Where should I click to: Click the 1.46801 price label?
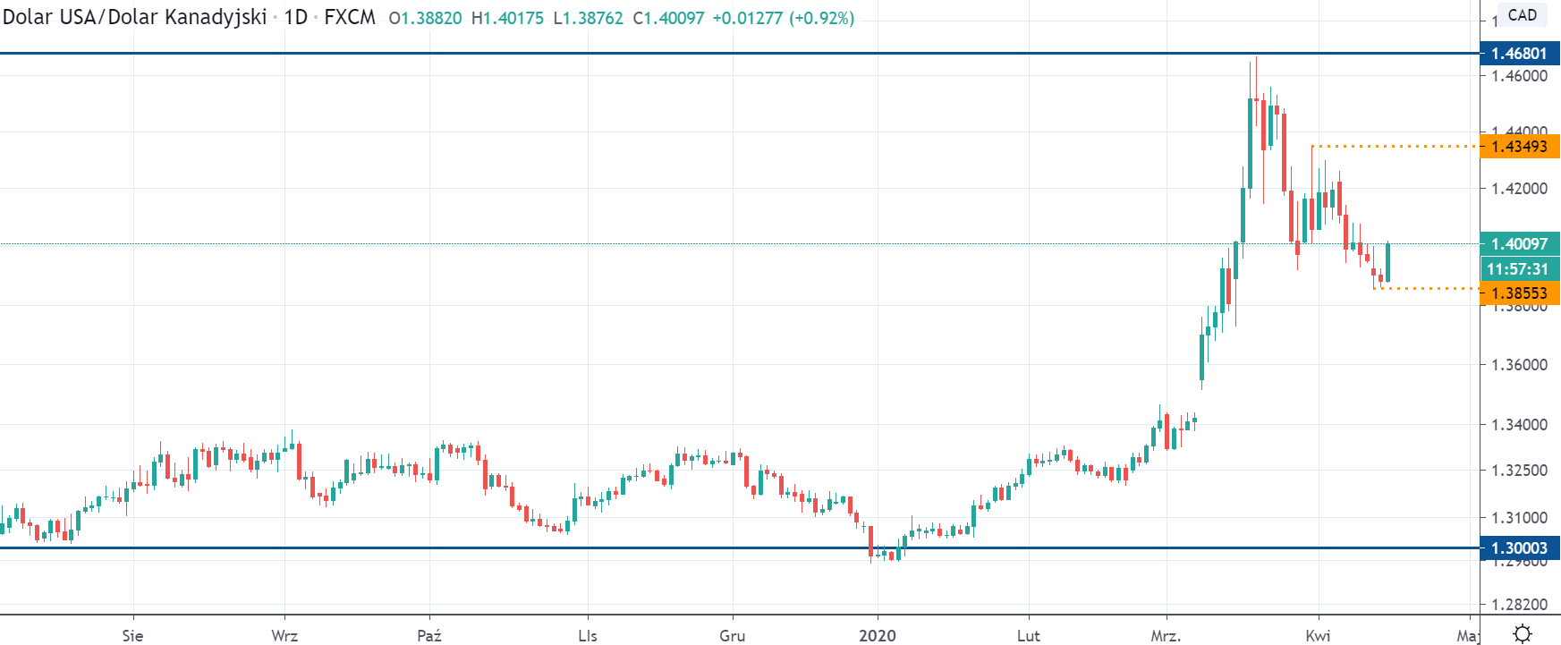pos(1519,54)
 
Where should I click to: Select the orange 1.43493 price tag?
pos(1519,147)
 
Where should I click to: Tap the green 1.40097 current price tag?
pos(1519,244)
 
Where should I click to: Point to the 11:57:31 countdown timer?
pos(1517,268)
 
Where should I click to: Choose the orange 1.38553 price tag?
pos(1519,293)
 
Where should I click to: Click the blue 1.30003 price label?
pos(1519,548)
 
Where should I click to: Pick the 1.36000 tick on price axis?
pos(1519,365)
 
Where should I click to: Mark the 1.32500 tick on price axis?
pos(1519,471)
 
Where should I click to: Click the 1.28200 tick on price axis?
pos(1519,605)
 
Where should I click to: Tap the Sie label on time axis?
pos(132,636)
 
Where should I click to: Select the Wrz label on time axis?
pos(284,636)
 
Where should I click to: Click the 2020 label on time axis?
pos(877,636)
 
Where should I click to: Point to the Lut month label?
pos(1028,636)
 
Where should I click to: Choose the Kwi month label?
pos(1318,636)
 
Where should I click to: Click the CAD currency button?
pos(1522,15)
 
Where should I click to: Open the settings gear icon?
pos(1522,634)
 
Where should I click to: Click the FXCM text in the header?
pos(350,18)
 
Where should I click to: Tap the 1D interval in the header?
pos(295,18)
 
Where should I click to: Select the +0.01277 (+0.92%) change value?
pos(783,18)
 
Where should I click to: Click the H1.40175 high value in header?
pos(507,18)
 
